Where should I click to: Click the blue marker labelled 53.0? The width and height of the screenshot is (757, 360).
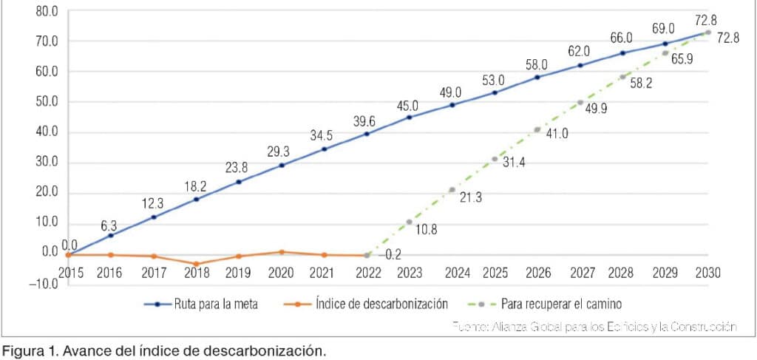[x=495, y=92]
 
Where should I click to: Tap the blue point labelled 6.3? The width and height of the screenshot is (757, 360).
[x=111, y=235]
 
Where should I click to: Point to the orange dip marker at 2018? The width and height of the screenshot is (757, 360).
[x=196, y=264]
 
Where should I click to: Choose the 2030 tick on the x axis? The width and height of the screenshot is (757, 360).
[x=708, y=272]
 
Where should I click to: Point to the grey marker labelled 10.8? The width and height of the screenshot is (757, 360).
[x=409, y=222]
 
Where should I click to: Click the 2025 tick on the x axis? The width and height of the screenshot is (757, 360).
[x=495, y=272]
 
